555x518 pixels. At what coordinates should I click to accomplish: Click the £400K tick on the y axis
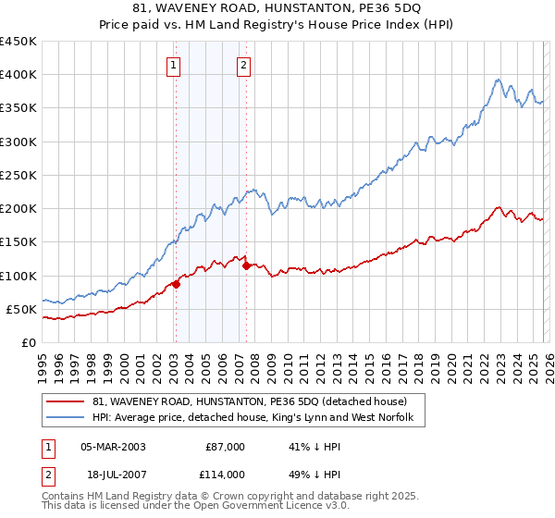point(18,75)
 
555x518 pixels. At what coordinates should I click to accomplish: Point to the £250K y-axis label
point(18,175)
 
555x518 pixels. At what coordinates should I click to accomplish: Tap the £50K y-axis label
point(21,309)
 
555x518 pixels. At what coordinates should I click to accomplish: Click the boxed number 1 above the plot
point(175,65)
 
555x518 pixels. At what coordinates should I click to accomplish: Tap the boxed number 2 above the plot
point(243,65)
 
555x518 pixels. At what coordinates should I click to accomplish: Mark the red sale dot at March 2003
point(176,284)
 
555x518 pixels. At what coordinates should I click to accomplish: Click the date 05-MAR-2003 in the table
point(113,447)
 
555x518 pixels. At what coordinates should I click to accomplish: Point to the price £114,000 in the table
point(224,474)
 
